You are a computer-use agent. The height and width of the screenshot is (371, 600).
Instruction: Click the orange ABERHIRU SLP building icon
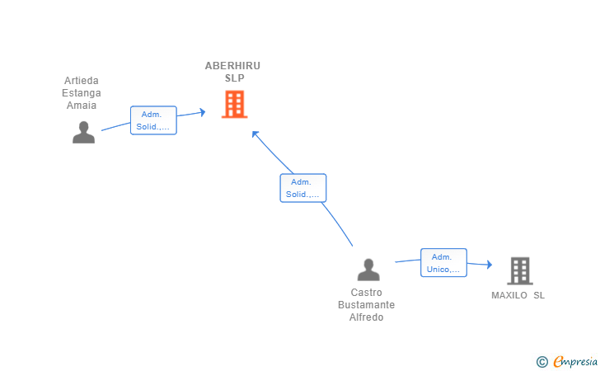click(x=235, y=104)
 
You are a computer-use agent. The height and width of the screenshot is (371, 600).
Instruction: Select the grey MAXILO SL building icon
click(x=520, y=270)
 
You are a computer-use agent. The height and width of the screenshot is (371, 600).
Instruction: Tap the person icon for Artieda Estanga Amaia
click(x=83, y=133)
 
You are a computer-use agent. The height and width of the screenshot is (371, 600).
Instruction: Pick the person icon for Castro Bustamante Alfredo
click(x=368, y=270)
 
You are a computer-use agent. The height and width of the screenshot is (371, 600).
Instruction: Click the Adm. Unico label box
click(x=443, y=263)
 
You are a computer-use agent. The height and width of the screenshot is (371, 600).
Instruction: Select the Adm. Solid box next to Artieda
click(x=153, y=120)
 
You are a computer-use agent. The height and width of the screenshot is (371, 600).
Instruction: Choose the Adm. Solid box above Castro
click(x=303, y=188)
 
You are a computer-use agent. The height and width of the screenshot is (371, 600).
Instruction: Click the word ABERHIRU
click(x=232, y=66)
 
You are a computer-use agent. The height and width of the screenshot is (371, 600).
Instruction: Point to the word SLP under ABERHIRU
click(x=235, y=78)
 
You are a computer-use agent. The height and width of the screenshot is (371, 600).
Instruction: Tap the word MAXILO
click(x=509, y=295)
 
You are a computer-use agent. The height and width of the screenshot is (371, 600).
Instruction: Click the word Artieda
click(x=82, y=81)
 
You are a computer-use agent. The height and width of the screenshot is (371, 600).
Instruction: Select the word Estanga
click(x=82, y=93)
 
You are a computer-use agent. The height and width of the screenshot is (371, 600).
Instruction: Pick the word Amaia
click(x=82, y=106)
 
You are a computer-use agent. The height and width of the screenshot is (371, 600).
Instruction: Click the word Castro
click(x=367, y=293)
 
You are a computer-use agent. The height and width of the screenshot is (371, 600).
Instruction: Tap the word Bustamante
click(x=366, y=305)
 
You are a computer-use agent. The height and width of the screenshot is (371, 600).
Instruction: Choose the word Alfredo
click(x=366, y=317)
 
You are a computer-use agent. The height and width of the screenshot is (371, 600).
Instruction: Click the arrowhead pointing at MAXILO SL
click(x=489, y=264)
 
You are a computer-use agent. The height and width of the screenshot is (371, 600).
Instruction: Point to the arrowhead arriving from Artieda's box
click(x=203, y=112)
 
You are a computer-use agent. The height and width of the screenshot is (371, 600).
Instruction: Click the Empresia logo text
click(x=575, y=361)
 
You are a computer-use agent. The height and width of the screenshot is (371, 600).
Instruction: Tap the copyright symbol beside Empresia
click(x=541, y=362)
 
